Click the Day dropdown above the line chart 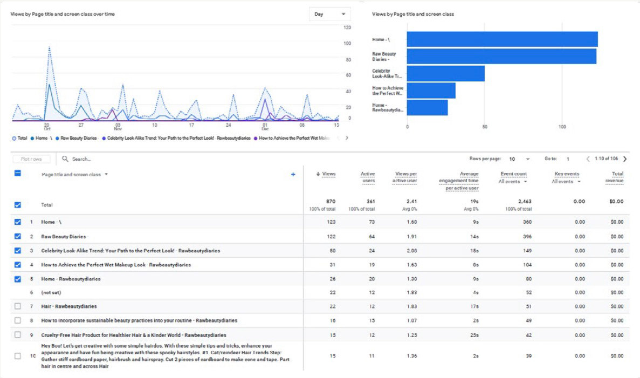pos(329,14)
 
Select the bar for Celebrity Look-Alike pos(445,73)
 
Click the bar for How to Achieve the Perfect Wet pos(431,91)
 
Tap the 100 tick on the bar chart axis pos(562,127)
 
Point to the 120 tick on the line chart pos(347,27)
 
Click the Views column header pos(326,174)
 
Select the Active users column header pos(368,177)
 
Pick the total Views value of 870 pos(328,201)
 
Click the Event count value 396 pos(526,236)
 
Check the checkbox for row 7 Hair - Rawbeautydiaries pos(18,306)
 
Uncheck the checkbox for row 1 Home pos(18,222)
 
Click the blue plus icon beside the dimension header pos(293,174)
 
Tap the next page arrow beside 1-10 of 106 pos(624,159)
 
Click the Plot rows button pos(32,159)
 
